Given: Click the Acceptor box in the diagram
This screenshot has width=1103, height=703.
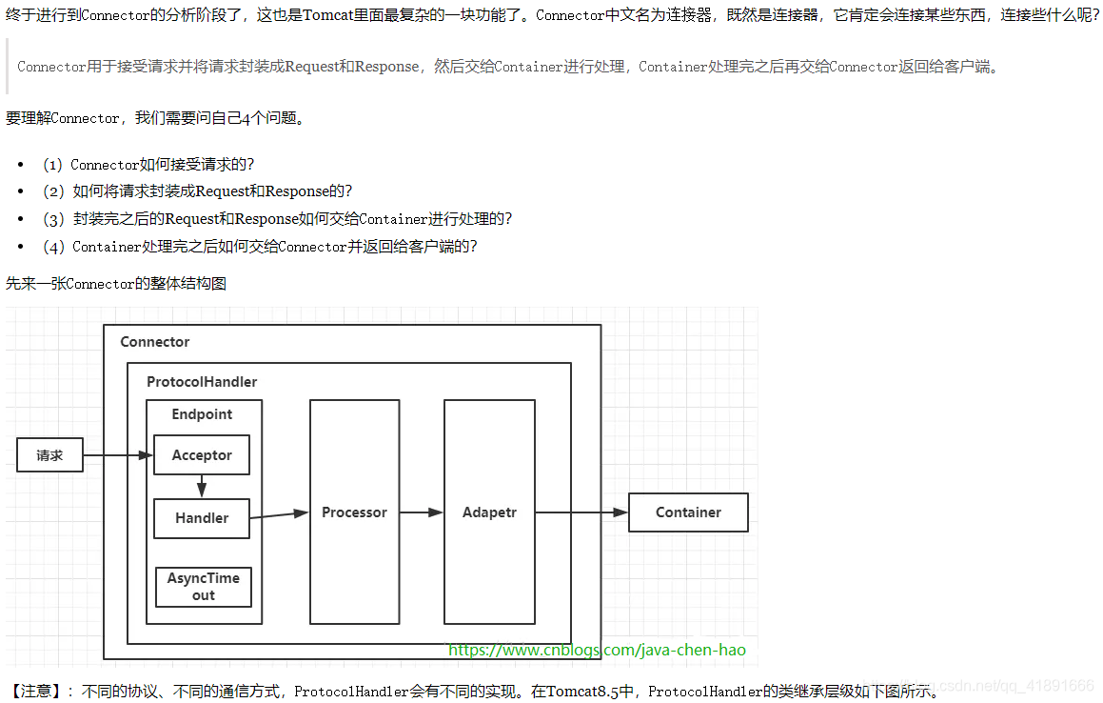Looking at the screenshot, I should click(201, 455).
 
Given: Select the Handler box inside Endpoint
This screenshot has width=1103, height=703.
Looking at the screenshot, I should click(202, 518).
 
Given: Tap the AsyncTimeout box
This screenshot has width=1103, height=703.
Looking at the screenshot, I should click(204, 587).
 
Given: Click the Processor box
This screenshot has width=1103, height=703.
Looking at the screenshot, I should click(354, 512).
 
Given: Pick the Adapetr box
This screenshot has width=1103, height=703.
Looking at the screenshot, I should click(489, 512).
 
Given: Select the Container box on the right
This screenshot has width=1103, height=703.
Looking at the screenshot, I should click(688, 512).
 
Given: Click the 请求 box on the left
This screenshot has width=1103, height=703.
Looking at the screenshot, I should click(49, 455).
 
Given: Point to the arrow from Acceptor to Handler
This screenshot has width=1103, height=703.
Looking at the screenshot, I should click(202, 487).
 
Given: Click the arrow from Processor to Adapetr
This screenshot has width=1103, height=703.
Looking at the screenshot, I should click(422, 512).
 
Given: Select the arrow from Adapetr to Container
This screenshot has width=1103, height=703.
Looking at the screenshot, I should click(581, 512).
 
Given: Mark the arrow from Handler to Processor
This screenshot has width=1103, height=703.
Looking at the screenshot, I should click(280, 515).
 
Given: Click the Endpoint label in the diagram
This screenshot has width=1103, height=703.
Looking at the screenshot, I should click(202, 414).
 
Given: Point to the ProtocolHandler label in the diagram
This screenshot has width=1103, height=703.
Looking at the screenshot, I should click(202, 382).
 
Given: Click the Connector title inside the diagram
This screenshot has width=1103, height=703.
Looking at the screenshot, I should click(155, 342).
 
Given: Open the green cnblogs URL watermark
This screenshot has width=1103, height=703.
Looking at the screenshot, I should click(597, 651).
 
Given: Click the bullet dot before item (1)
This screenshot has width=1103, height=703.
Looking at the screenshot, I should click(22, 165).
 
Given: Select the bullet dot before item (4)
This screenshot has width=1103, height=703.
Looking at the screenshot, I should click(22, 247).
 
